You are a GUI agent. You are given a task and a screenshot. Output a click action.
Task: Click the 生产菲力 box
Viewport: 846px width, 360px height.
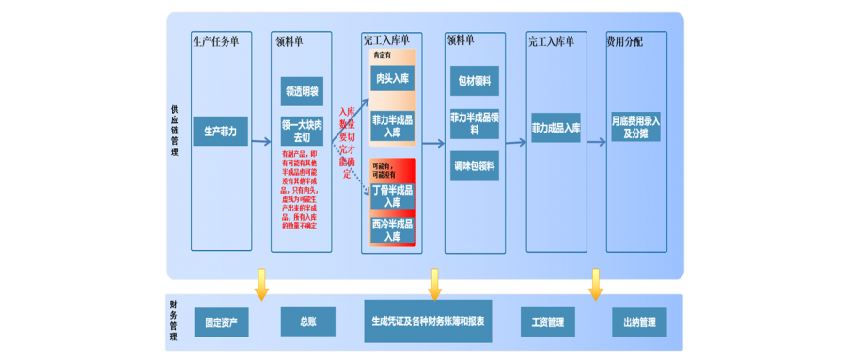click(x=221, y=133)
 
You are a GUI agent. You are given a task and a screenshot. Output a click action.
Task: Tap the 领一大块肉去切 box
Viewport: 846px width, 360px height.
click(x=302, y=130)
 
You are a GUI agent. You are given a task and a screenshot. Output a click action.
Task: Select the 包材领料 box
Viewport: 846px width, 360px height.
click(x=474, y=81)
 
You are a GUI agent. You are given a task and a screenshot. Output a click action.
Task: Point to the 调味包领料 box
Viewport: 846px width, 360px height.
click(x=474, y=165)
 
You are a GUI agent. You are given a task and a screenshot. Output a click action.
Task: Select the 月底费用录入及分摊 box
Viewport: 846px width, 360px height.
click(x=636, y=128)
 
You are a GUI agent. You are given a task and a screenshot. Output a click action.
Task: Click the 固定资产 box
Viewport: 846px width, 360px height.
click(x=222, y=322)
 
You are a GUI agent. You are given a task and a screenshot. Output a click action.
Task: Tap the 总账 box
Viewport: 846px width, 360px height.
click(x=307, y=321)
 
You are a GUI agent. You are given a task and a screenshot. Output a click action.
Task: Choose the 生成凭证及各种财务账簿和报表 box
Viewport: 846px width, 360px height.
click(x=429, y=321)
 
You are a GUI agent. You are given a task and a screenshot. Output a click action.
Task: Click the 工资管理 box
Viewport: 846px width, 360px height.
click(x=546, y=322)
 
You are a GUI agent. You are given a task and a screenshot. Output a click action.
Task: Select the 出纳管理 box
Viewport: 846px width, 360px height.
click(x=640, y=322)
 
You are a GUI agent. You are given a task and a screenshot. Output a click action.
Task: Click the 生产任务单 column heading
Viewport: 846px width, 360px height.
click(x=215, y=41)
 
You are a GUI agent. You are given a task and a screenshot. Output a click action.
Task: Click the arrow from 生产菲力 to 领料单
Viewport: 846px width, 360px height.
click(x=260, y=142)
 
